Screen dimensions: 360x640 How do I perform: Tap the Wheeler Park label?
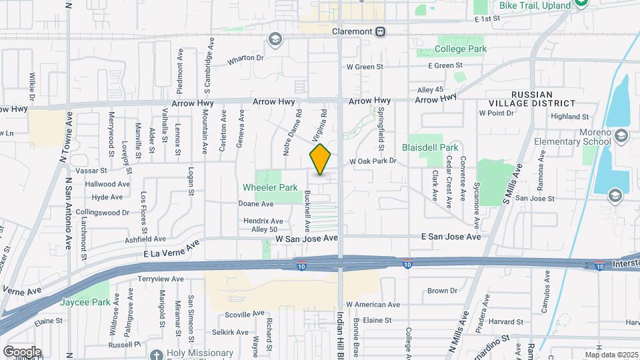(x=270, y=188)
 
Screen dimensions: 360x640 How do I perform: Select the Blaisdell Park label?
(x=430, y=147)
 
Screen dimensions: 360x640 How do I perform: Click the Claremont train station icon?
(x=380, y=31)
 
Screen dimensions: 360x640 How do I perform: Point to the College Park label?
(x=461, y=49)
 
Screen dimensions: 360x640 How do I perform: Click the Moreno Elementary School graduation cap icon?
(x=621, y=137)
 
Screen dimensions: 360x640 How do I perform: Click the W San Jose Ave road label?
(x=304, y=237)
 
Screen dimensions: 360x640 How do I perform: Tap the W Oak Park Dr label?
(x=373, y=161)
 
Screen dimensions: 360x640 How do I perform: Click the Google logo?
(x=22, y=351)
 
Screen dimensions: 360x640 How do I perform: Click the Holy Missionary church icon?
(x=156, y=355)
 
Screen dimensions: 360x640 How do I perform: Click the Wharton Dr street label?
(x=245, y=58)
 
